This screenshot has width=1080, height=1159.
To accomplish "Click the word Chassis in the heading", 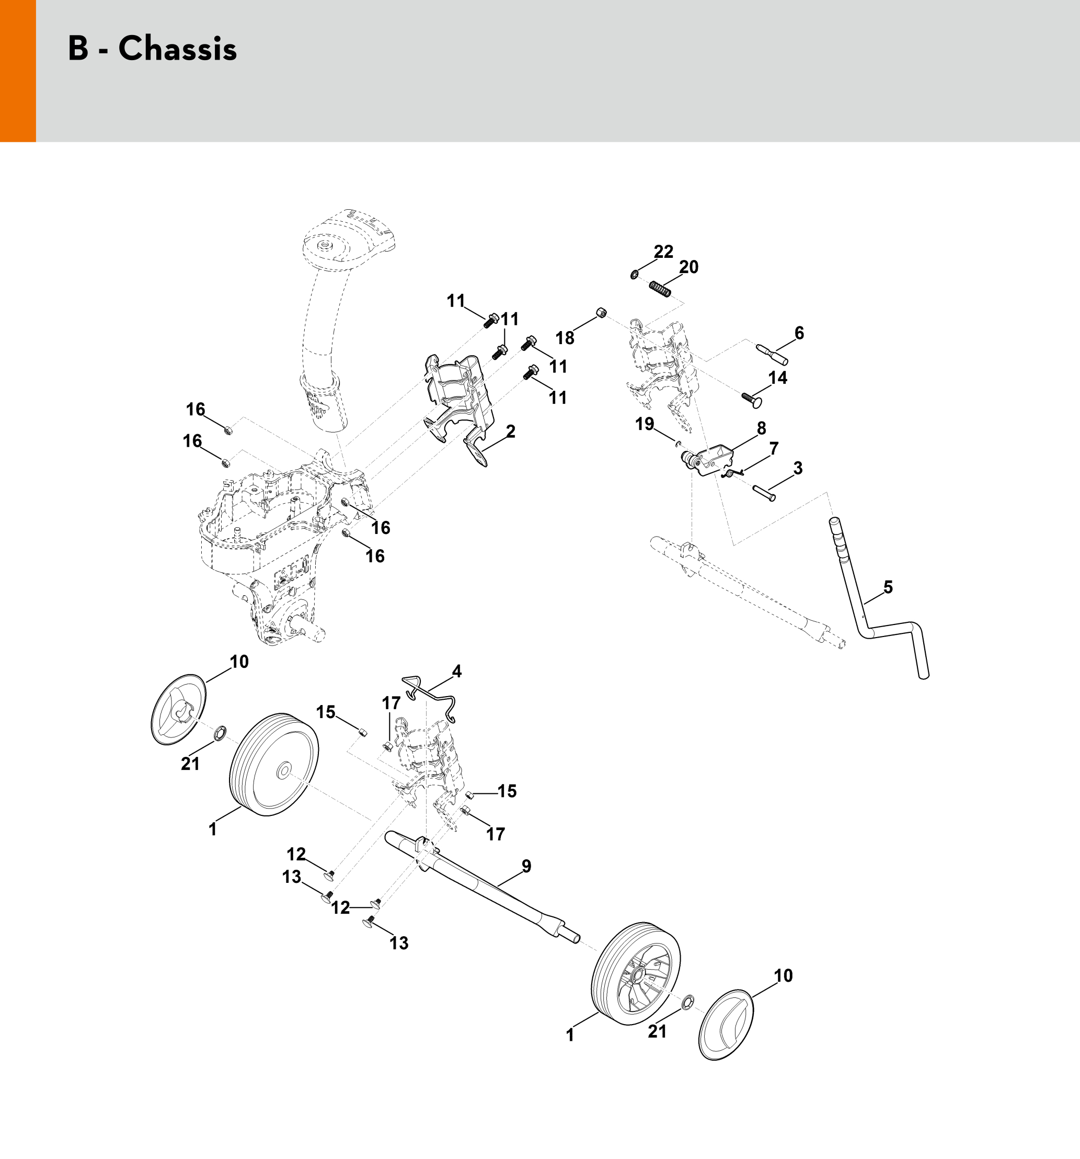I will (x=178, y=49).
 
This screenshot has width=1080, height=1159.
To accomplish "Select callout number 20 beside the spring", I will (x=688, y=267).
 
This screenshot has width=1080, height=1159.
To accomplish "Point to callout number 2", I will (x=511, y=431).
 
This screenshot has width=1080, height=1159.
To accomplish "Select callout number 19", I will (x=645, y=424).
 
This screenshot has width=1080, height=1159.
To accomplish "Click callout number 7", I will (x=774, y=449).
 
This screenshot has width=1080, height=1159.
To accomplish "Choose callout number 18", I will (x=564, y=338).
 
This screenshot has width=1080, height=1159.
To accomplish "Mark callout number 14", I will (x=777, y=378).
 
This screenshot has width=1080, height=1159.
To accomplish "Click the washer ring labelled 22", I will (x=634, y=274).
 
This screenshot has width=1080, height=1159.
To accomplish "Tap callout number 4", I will (x=456, y=672).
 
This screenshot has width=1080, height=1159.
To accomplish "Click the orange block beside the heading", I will (x=17, y=71).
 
